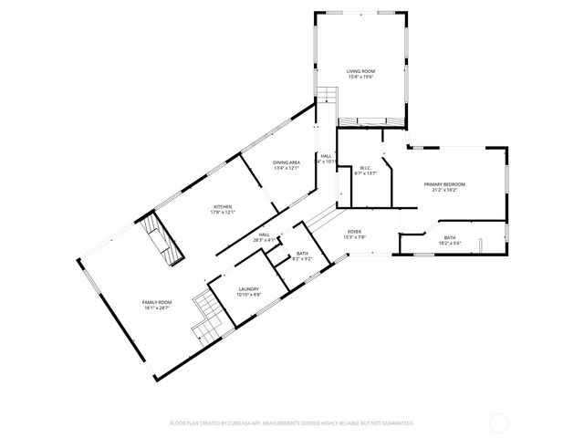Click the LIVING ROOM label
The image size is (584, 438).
tap(360, 71)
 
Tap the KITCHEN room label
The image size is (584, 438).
tap(223, 206)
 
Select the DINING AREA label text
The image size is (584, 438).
tap(286, 162)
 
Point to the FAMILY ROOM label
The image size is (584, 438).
tap(156, 302)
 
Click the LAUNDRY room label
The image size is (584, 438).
tap(249, 288)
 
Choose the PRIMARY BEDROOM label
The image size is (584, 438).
tap(444, 184)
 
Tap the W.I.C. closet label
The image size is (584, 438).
tap(364, 168)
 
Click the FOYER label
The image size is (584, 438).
tap(353, 232)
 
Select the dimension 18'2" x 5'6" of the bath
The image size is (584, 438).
tap(450, 243)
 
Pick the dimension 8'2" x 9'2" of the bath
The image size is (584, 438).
tap(302, 259)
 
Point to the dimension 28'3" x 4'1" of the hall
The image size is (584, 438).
tap(264, 240)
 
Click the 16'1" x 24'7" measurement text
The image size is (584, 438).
tap(156, 308)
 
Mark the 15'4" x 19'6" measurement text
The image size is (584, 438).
tap(360, 77)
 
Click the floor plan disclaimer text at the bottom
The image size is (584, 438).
tap(292, 423)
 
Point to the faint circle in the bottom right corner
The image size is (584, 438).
tap(498, 422)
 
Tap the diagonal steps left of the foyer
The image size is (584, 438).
tap(319, 217)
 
